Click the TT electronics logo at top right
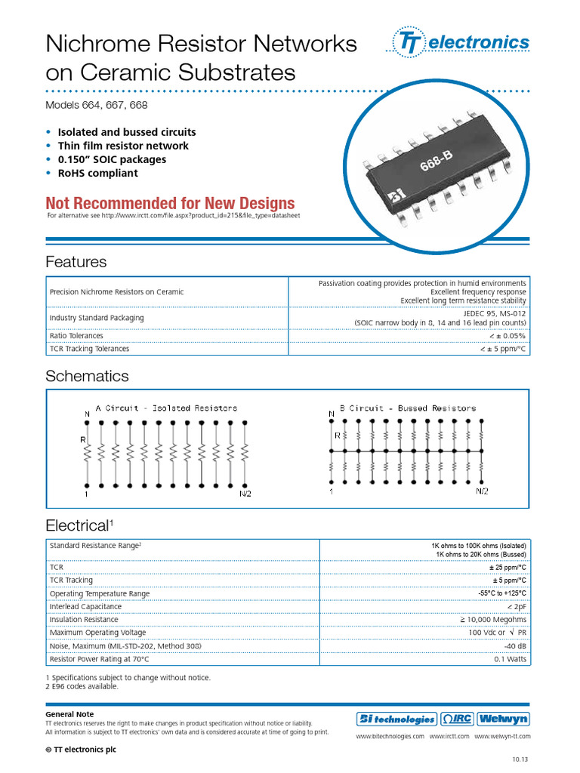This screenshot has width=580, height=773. tap(461, 43)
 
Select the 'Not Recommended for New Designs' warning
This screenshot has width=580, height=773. tap(170, 203)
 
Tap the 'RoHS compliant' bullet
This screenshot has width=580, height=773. tap(97, 173)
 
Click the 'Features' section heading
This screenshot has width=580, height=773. tap(76, 262)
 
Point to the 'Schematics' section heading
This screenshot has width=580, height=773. tap(87, 376)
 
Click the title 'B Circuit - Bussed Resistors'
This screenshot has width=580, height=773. tap(408, 408)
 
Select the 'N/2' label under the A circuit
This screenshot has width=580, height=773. tap(245, 494)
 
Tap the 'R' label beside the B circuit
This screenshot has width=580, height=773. tap(337, 435)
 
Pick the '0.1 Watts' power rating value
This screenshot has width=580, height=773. tap(510, 659)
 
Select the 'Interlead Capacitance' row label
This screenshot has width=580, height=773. tap(85, 606)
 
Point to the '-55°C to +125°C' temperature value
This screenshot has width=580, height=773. tap(502, 593)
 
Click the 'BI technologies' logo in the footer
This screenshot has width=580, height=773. tap(396, 719)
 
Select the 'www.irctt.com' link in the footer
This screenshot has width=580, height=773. tap(449, 735)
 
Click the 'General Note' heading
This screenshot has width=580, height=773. tap(69, 714)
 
